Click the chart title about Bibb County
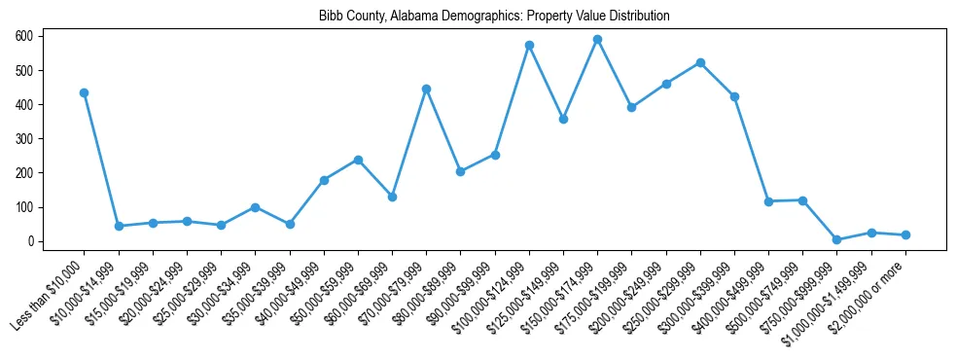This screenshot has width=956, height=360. click(x=494, y=17)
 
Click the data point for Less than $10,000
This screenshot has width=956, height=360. click(x=85, y=92)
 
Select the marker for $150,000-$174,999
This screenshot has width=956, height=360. click(x=597, y=40)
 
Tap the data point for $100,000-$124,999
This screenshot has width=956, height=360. click(x=529, y=45)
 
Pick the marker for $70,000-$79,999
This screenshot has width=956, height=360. click(x=426, y=89)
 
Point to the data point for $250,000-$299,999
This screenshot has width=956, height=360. click(x=700, y=62)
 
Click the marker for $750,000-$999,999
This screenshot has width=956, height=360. click(x=836, y=239)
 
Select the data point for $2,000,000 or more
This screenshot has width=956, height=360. click(x=905, y=234)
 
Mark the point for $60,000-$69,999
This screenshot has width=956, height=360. click(x=392, y=197)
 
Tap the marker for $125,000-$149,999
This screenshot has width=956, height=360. click(x=563, y=119)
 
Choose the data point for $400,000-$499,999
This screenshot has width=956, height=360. click(x=768, y=201)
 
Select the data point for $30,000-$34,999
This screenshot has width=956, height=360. click(x=255, y=207)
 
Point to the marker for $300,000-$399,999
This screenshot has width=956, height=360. click(x=734, y=96)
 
